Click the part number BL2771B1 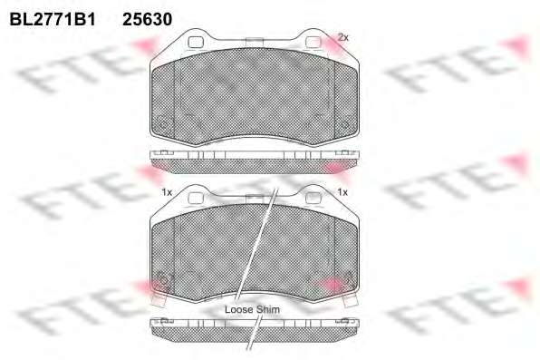click(53, 19)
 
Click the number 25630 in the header click(148, 19)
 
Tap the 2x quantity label click(342, 37)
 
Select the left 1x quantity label click(167, 192)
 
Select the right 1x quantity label click(342, 192)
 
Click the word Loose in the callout click(239, 309)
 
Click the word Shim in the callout click(268, 309)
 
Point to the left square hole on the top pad click(196, 42)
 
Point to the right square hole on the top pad click(313, 42)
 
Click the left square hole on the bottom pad click(196, 198)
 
